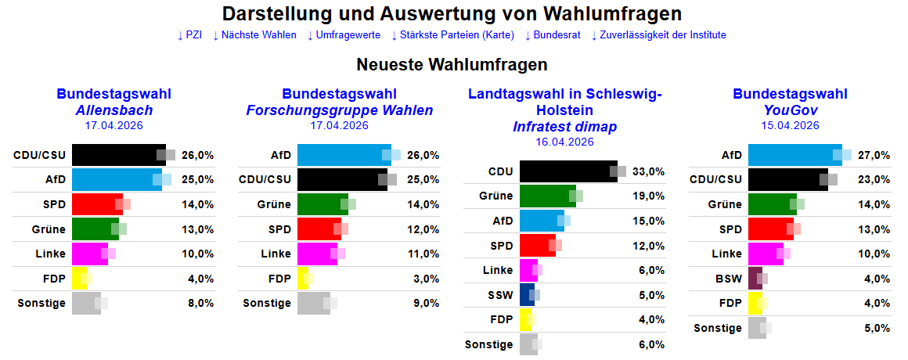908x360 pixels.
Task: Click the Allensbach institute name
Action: click(x=113, y=110)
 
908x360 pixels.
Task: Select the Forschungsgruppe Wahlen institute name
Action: click(x=339, y=110)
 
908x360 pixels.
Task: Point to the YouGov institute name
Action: click(x=790, y=110)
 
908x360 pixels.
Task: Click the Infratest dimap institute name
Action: click(x=564, y=127)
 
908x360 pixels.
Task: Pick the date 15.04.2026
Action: click(x=790, y=125)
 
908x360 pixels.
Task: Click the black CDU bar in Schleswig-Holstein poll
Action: click(x=567, y=171)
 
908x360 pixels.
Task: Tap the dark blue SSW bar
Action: click(x=526, y=295)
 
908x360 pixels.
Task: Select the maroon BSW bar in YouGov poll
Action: click(x=755, y=279)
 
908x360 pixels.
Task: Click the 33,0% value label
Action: click(x=649, y=171)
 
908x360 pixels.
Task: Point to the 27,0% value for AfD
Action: click(x=874, y=155)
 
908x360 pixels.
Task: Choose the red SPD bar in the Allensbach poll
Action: click(x=96, y=204)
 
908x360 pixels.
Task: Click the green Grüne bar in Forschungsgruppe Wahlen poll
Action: click(x=322, y=204)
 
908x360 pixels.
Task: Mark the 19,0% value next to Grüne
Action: click(x=649, y=196)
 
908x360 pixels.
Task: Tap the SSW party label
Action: click(x=501, y=295)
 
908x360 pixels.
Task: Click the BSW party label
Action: click(x=729, y=279)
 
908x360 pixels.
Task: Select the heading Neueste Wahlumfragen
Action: click(x=452, y=64)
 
